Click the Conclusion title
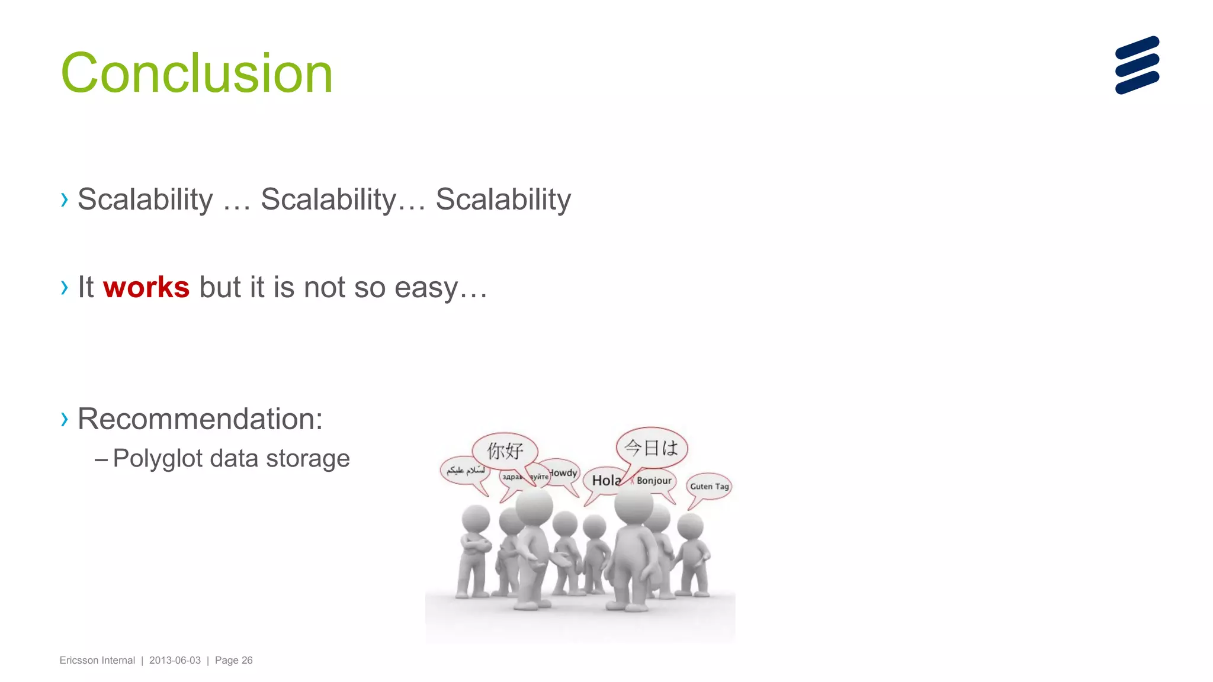[x=197, y=73]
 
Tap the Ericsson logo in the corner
[x=1137, y=65]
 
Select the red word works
[x=146, y=288]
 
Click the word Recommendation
[x=200, y=419]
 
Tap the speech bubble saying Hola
[x=604, y=480]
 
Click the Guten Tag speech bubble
[x=709, y=487]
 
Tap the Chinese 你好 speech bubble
[x=505, y=451]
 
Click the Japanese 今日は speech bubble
[x=652, y=448]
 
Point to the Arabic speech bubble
[x=465, y=471]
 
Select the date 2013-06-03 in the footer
[x=175, y=661]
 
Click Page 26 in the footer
[x=233, y=661]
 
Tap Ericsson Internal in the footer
[x=97, y=661]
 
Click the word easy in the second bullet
[x=426, y=288]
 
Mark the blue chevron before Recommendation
[x=65, y=419]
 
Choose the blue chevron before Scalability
[x=65, y=200]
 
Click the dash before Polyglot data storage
[x=101, y=459]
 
